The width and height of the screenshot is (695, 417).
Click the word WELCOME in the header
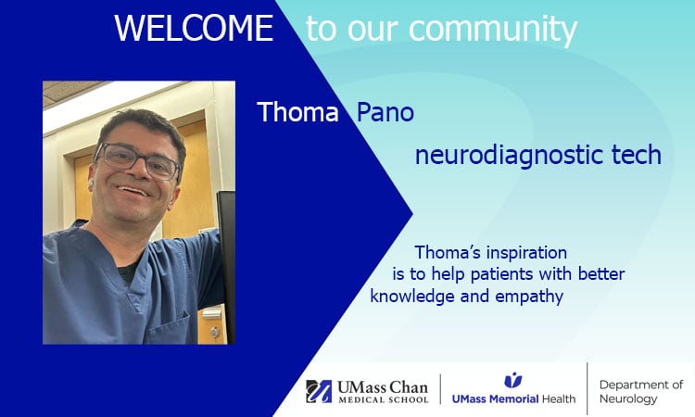[x=194, y=29]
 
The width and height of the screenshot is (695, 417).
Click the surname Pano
[x=385, y=113]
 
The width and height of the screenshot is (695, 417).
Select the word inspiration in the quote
[x=524, y=252]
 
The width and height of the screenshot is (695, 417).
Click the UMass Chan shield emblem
[x=320, y=390]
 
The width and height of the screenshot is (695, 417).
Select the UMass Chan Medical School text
[x=383, y=391]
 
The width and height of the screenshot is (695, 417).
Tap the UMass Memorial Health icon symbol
[x=512, y=380]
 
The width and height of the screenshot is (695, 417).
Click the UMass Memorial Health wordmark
[x=512, y=399]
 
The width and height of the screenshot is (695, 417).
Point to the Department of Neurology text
[x=640, y=391]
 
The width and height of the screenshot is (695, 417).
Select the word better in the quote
[x=601, y=274]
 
